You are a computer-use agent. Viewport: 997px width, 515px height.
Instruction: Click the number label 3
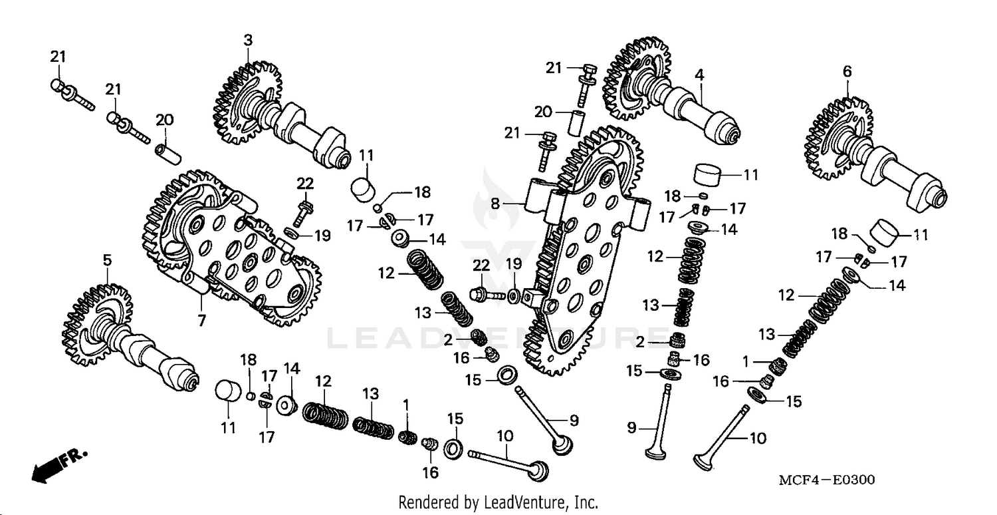click(248, 41)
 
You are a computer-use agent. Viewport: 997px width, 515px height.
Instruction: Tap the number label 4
click(699, 75)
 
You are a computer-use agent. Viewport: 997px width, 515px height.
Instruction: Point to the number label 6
click(847, 71)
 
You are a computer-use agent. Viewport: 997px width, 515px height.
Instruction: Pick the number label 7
click(201, 320)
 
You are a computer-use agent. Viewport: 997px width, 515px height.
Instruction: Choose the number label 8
click(495, 204)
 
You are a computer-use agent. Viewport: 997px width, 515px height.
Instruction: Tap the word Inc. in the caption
click(585, 502)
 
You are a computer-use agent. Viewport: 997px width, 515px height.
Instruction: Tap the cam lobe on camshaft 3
click(292, 120)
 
